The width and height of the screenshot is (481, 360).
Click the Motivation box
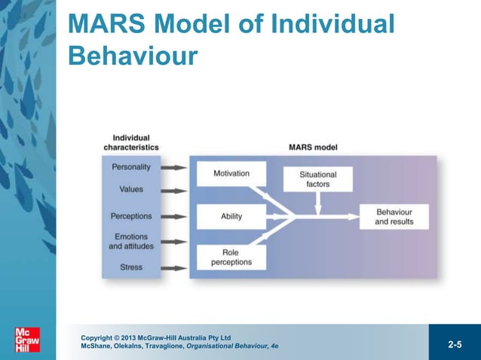(x=231, y=174)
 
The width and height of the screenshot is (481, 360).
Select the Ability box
(x=231, y=216)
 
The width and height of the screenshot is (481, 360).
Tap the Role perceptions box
(x=231, y=258)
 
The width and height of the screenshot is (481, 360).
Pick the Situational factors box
(x=317, y=179)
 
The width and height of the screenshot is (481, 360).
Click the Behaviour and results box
(x=394, y=217)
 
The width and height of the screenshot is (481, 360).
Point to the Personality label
(x=130, y=166)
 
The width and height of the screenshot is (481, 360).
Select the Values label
(x=130, y=190)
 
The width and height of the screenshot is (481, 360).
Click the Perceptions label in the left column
(x=130, y=216)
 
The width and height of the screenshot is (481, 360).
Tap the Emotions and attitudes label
(x=130, y=242)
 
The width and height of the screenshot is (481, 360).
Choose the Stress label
(x=130, y=267)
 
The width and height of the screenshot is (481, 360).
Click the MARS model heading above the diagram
(x=313, y=147)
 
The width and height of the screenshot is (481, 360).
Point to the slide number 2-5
(x=455, y=345)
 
